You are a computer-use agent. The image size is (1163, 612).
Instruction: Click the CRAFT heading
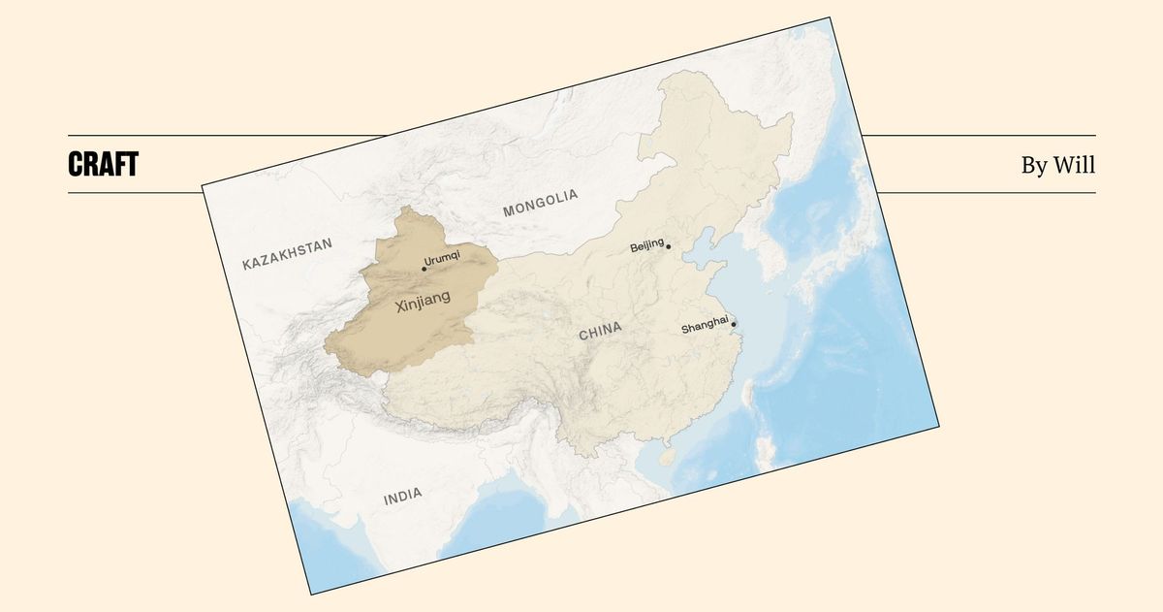[103, 165]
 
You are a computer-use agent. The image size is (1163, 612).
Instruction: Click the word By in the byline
[1033, 166]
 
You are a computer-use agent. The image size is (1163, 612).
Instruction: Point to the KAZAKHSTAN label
[287, 253]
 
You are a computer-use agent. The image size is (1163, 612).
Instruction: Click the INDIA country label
[402, 497]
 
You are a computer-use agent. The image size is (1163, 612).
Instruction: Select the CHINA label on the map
[600, 332]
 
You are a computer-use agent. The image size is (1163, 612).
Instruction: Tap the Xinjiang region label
[424, 304]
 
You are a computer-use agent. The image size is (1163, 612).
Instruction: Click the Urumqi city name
[443, 257]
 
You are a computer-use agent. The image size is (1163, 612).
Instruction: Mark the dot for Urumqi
[424, 269]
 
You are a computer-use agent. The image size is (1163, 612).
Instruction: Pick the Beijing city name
[646, 245]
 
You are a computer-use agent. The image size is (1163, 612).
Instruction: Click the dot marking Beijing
[669, 247]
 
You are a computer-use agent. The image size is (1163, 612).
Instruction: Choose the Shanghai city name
[705, 328]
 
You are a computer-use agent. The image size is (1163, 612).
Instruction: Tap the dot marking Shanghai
[734, 324]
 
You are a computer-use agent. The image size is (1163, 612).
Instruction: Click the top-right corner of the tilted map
[832, 17]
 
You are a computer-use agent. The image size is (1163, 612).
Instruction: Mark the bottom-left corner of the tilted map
[310, 594]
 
